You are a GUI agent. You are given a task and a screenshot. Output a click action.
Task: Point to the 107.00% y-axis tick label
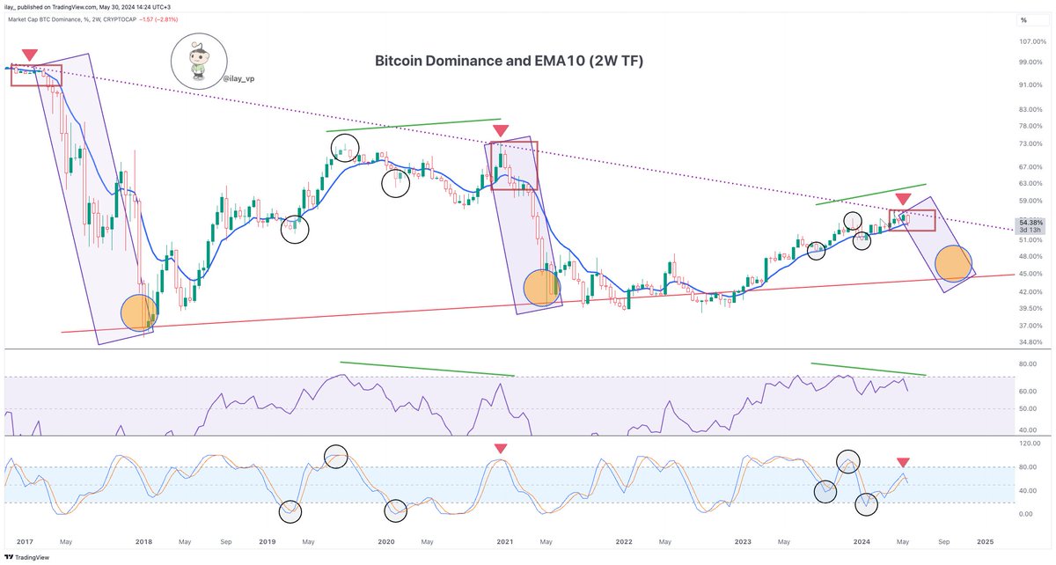pyautogui.click(x=1030, y=41)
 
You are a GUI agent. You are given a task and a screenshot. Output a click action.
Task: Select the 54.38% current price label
pyautogui.click(x=1030, y=221)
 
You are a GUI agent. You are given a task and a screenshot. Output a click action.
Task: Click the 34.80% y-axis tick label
pyautogui.click(x=1030, y=341)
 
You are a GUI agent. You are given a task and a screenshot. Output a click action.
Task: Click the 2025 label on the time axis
pyautogui.click(x=985, y=542)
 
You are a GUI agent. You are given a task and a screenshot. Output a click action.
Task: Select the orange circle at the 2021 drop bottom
pyautogui.click(x=541, y=289)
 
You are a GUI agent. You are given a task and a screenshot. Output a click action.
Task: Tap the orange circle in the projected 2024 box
pyautogui.click(x=954, y=263)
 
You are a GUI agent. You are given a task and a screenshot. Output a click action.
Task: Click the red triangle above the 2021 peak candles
pyautogui.click(x=500, y=131)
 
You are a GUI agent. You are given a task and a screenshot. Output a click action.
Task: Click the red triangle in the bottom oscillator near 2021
pyautogui.click(x=500, y=449)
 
